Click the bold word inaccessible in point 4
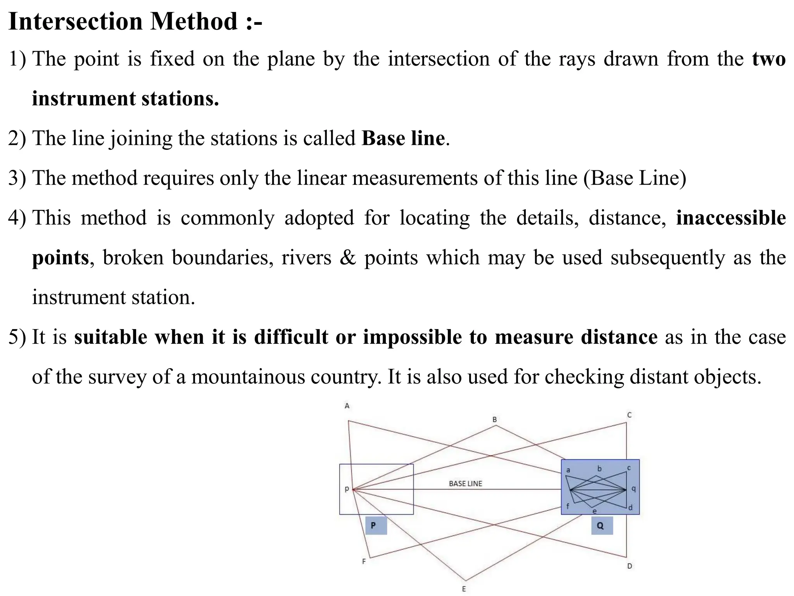pyautogui.click(x=731, y=218)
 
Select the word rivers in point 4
pyautogui.click(x=306, y=258)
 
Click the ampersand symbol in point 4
pyautogui.click(x=347, y=258)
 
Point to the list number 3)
pyautogui.click(x=17, y=178)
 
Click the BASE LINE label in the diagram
pyautogui.click(x=465, y=484)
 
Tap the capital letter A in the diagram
pyautogui.click(x=347, y=406)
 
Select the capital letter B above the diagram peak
pyautogui.click(x=494, y=419)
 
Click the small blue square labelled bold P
pyautogui.click(x=376, y=525)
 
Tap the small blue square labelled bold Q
pyautogui.click(x=602, y=526)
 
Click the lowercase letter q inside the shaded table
pyautogui.click(x=633, y=489)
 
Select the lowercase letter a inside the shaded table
pyautogui.click(x=568, y=470)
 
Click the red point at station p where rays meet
pyautogui.click(x=353, y=490)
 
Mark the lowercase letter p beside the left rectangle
pyautogui.click(x=347, y=489)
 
